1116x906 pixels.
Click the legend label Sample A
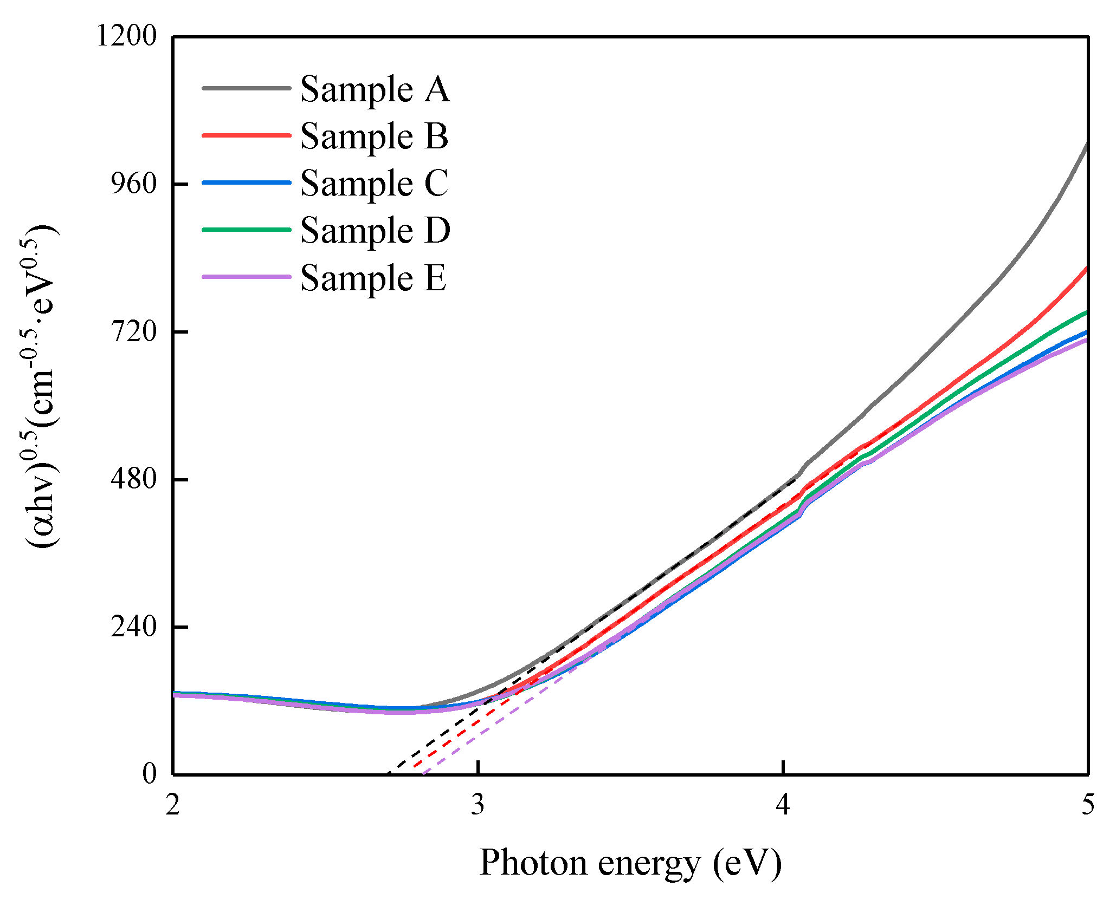click(375, 89)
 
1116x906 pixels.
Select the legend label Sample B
click(374, 136)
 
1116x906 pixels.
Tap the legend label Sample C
click(374, 183)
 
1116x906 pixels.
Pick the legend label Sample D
click(375, 230)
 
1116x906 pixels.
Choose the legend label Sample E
click(373, 278)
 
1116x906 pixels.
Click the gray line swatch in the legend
click(247, 88)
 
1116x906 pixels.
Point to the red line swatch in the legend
click(247, 135)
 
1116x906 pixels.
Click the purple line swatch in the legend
click(247, 277)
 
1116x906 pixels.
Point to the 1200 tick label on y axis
click(126, 36)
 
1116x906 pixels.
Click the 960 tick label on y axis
click(133, 184)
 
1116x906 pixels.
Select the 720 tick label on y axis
click(133, 331)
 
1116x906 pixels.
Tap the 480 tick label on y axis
click(133, 479)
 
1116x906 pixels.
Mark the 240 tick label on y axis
click(133, 627)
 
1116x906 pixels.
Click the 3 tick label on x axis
click(478, 804)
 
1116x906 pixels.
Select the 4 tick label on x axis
click(783, 804)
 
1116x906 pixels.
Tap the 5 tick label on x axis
click(1088, 804)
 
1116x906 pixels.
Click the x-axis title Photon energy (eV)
click(630, 863)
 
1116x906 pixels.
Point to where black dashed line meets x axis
click(388, 773)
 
